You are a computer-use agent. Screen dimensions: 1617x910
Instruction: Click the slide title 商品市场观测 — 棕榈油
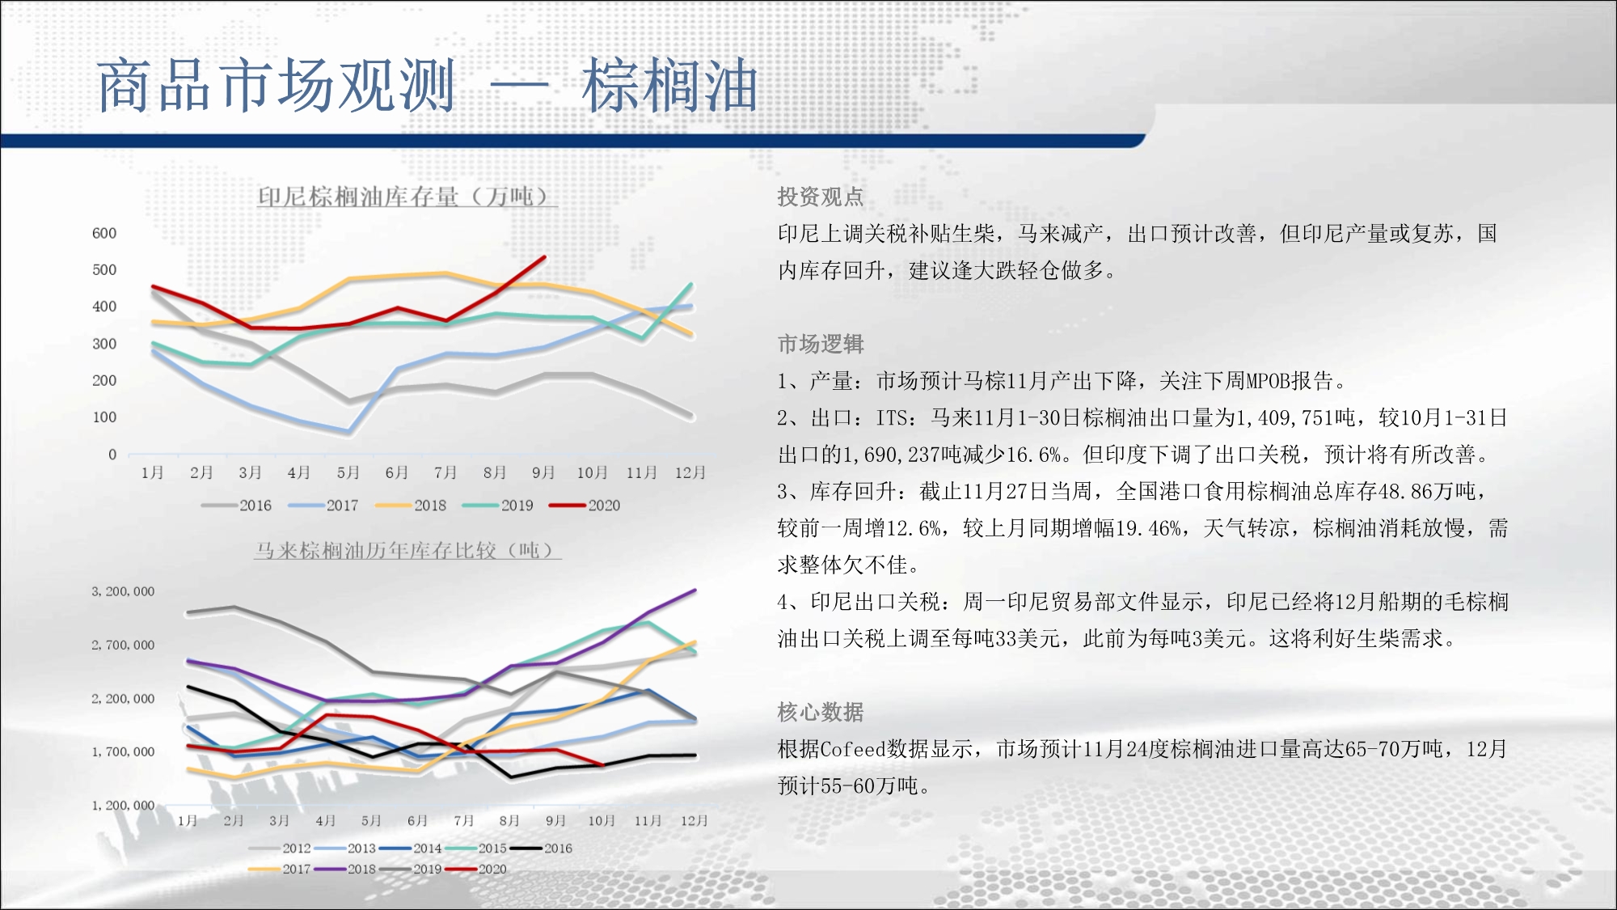(428, 85)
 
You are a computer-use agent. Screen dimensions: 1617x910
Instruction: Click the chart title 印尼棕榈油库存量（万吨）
(407, 196)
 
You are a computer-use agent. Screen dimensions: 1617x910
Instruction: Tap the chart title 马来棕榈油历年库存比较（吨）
(407, 550)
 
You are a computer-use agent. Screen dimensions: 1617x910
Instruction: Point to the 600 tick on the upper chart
(104, 233)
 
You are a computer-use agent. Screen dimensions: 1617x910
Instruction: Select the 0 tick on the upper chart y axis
(112, 455)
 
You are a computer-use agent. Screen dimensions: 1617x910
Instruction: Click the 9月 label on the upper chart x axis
(543, 472)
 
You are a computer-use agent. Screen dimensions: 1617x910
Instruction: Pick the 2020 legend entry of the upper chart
(585, 506)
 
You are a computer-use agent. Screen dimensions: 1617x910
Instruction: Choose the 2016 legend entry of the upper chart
(236, 506)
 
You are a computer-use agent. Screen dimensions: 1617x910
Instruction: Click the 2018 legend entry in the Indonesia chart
(411, 506)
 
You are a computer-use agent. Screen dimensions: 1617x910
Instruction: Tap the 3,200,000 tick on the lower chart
(123, 591)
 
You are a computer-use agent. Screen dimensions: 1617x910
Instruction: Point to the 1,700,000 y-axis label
(123, 751)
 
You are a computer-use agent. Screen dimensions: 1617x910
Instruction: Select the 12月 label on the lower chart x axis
(695, 820)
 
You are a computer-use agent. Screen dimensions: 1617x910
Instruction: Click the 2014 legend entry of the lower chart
(411, 849)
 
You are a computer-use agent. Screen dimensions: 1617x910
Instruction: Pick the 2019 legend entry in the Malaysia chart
(411, 870)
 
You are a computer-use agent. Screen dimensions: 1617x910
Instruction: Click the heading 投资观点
(821, 197)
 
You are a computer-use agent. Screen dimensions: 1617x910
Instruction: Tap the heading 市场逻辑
(821, 344)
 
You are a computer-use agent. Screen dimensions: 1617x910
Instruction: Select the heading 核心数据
(821, 712)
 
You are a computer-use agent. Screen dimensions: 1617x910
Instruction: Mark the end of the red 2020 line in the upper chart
(545, 257)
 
